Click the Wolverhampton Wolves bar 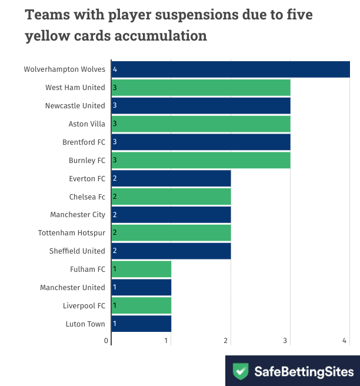point(231,69)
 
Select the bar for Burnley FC point(201,160)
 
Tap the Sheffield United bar point(171,251)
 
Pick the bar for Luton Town point(141,324)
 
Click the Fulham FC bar point(141,269)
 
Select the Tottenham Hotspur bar point(171,233)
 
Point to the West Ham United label point(75,88)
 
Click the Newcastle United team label point(75,106)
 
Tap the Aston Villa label point(87,124)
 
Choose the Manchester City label point(78,215)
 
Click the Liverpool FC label point(84,306)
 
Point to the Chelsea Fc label point(87,197)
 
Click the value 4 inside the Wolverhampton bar point(115,69)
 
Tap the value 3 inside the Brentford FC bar point(115,142)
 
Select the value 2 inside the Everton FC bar point(115,178)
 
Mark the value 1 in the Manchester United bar point(115,288)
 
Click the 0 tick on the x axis point(106,341)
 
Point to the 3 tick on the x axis point(286,341)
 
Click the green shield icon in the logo point(241,371)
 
